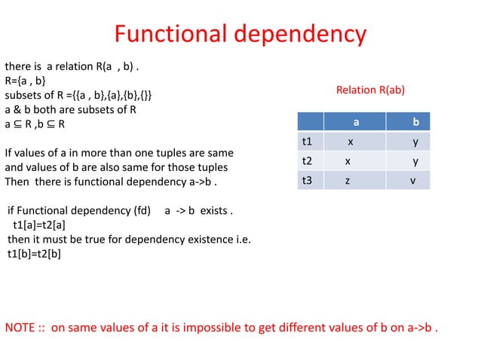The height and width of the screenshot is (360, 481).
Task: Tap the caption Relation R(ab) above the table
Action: point(370,90)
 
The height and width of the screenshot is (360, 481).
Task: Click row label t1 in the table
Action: point(307,141)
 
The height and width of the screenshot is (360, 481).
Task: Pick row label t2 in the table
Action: point(307,160)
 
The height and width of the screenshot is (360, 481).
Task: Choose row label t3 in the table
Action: point(307,181)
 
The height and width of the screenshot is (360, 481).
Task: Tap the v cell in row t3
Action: point(412,181)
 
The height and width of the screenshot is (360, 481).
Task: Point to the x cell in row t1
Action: point(350,141)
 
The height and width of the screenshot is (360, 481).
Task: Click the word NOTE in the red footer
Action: point(20,328)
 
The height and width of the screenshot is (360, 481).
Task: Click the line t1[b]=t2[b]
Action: point(34,254)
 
